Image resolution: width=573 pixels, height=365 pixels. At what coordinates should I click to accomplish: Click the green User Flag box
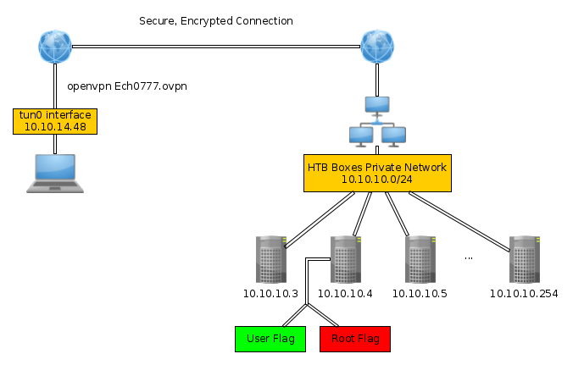tap(270, 339)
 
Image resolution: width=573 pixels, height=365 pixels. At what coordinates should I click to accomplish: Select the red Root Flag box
tap(355, 339)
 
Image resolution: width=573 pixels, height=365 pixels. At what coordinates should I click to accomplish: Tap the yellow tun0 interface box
tap(56, 121)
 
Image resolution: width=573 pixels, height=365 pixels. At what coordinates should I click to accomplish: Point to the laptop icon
tap(55, 174)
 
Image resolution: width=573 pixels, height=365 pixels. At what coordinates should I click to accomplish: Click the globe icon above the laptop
tap(56, 47)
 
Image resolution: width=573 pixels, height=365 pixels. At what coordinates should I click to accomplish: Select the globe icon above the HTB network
tap(376, 47)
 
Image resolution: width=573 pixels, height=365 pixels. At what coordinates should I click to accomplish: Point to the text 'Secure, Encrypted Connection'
tap(216, 20)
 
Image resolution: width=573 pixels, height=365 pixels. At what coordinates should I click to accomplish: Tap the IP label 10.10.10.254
tap(523, 294)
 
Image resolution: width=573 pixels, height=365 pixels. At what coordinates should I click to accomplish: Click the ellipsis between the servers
tap(469, 255)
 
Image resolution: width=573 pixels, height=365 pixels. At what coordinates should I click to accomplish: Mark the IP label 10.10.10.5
tap(420, 294)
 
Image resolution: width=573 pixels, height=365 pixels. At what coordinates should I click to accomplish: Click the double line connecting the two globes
tap(216, 47)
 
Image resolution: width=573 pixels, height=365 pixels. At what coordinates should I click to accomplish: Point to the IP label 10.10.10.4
tap(345, 294)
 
